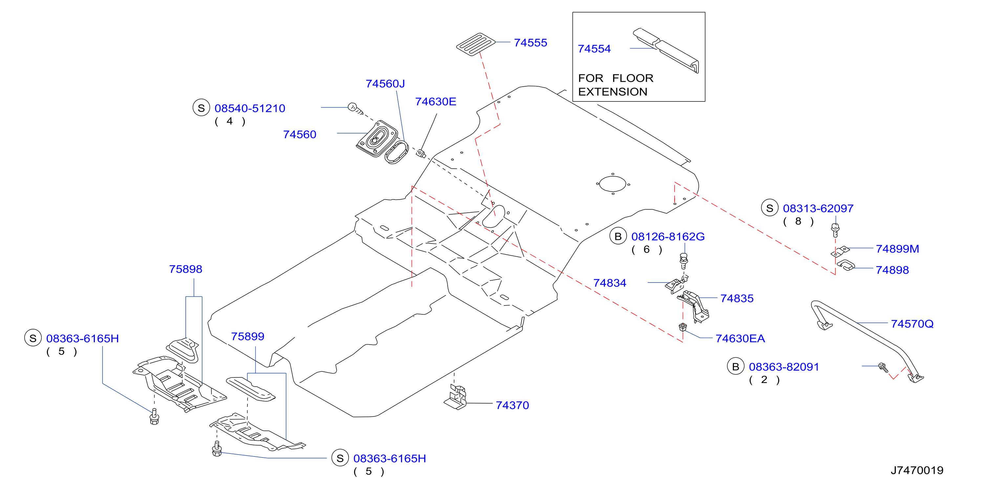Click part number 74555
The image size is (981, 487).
click(530, 43)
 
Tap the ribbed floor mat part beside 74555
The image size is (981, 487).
click(476, 44)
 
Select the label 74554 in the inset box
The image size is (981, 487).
click(594, 49)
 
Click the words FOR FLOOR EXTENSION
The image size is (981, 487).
click(615, 85)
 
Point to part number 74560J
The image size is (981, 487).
click(385, 84)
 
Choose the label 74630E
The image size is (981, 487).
click(435, 102)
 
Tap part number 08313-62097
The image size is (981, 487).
click(818, 208)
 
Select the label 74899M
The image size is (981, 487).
click(897, 249)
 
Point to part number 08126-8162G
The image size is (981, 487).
click(668, 237)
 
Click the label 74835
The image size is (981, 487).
click(736, 298)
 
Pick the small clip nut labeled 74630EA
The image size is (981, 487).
click(682, 327)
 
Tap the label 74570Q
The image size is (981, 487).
click(912, 324)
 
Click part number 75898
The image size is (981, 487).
click(185, 269)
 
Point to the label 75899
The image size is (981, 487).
click(247, 336)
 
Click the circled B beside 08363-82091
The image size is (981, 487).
click(736, 366)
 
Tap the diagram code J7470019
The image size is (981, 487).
click(917, 470)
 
